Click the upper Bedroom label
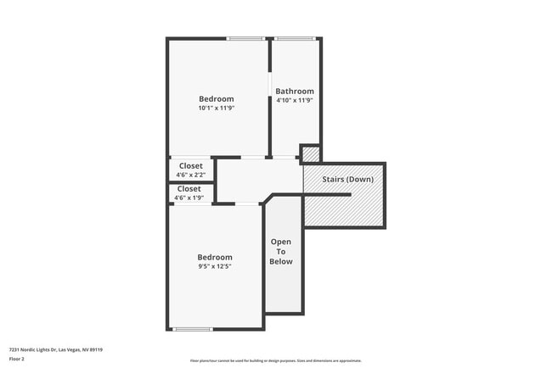[x=216, y=99]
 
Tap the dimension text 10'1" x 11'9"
[x=216, y=109]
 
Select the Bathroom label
[x=295, y=92]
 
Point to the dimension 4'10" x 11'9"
[x=295, y=101]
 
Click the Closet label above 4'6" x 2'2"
[x=190, y=165]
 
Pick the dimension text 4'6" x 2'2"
[x=190, y=175]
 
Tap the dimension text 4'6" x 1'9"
[x=189, y=198]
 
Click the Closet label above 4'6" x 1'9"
[x=189, y=188]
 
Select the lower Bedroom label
[x=215, y=258]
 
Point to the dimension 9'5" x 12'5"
[x=215, y=266]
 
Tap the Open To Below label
[x=281, y=251]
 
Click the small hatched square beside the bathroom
[x=311, y=154]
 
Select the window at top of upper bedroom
[x=245, y=38]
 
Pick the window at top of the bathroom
[x=294, y=38]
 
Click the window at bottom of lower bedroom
[x=193, y=329]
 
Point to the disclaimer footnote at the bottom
[x=275, y=360]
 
